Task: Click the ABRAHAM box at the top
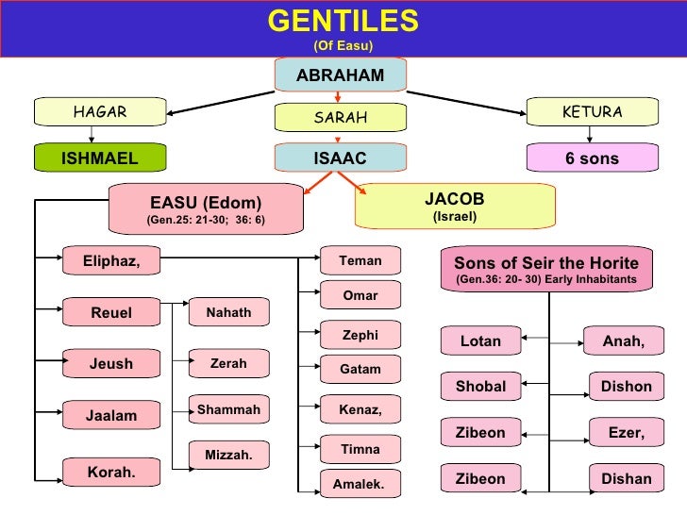[x=341, y=75]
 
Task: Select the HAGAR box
[x=99, y=112]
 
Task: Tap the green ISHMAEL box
[x=99, y=158]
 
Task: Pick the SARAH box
[x=340, y=118]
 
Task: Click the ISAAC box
[x=340, y=158]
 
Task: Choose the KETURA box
[x=592, y=112]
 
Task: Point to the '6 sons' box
[x=592, y=158]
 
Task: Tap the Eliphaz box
[x=111, y=261]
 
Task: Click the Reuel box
[x=111, y=312]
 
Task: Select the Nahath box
[x=228, y=312]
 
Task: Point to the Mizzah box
[x=228, y=455]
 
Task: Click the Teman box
[x=360, y=259]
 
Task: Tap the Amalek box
[x=360, y=484]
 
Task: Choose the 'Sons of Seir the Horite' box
[x=546, y=270]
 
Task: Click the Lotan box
[x=480, y=341]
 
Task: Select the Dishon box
[x=627, y=386]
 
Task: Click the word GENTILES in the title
[x=343, y=21]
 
